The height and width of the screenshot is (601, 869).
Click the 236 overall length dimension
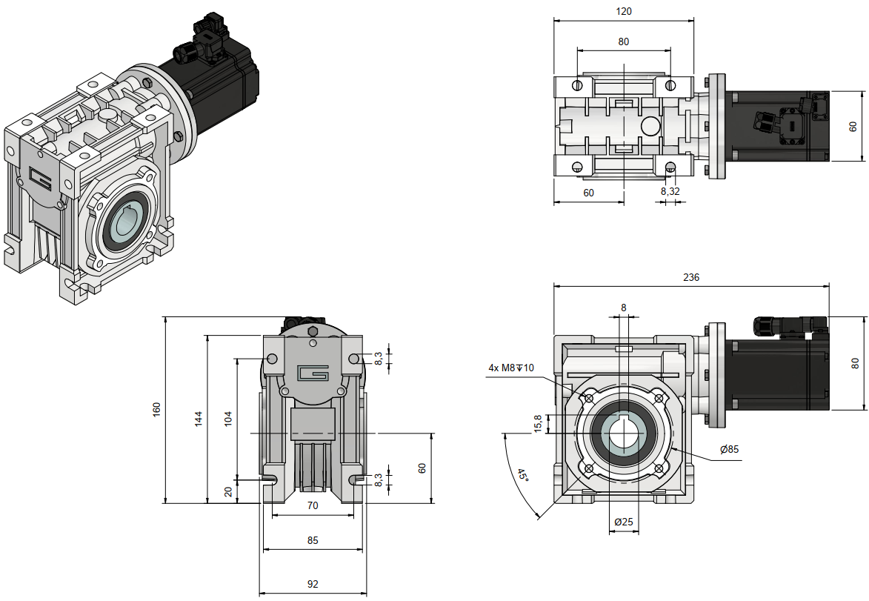(x=690, y=277)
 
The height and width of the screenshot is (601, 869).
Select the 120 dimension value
(x=623, y=12)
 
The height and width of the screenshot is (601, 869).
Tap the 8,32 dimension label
(x=670, y=191)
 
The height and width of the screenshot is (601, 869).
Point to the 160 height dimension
(x=156, y=409)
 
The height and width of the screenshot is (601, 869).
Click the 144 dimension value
(x=198, y=418)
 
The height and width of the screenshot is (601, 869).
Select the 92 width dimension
(x=313, y=584)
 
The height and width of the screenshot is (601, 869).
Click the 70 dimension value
(x=313, y=505)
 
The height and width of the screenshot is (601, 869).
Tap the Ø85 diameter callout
(x=729, y=449)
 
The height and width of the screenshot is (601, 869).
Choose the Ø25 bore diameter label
(x=624, y=522)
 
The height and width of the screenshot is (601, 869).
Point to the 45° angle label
(x=523, y=476)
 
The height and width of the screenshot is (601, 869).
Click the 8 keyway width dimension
(x=623, y=307)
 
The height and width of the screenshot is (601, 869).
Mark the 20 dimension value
(x=229, y=491)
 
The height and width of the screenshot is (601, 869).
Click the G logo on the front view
(x=312, y=373)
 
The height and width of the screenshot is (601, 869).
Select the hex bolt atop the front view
(x=313, y=331)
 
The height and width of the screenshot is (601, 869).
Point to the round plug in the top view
(x=650, y=126)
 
